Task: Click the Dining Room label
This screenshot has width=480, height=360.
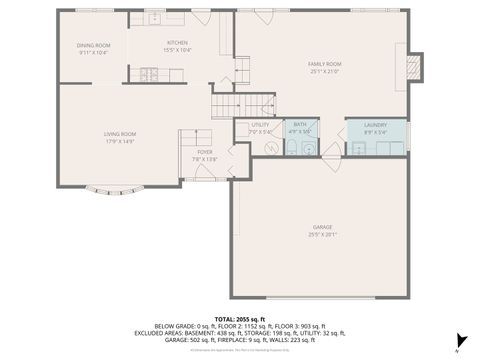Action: (93, 45)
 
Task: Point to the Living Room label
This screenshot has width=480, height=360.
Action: (120, 134)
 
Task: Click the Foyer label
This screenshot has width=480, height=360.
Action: (204, 153)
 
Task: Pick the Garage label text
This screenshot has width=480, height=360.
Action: (322, 229)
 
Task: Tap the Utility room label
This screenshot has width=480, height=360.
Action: (260, 125)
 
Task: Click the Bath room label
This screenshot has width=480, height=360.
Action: (300, 125)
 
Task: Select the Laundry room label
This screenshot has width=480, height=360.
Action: (375, 125)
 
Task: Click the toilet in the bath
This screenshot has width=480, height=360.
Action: (291, 149)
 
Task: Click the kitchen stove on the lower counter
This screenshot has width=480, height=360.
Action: (152, 73)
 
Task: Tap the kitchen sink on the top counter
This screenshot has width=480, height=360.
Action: (156, 18)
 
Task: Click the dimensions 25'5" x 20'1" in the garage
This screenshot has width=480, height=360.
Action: (322, 236)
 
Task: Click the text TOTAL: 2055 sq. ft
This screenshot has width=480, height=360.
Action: (239, 314)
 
